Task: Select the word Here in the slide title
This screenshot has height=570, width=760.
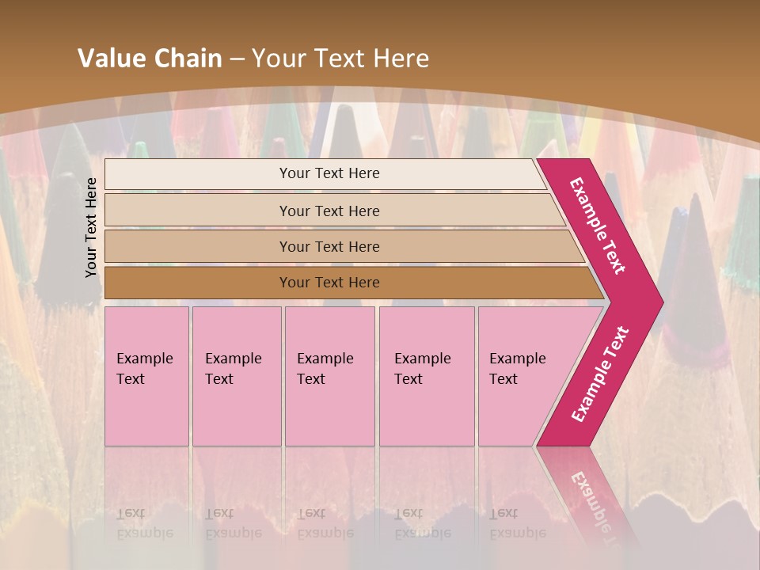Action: pyautogui.click(x=401, y=59)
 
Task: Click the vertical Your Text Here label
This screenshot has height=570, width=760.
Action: pyautogui.click(x=91, y=227)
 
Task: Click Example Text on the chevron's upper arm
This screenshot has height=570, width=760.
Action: pyautogui.click(x=598, y=226)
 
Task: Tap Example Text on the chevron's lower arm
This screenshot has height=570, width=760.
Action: pyautogui.click(x=600, y=374)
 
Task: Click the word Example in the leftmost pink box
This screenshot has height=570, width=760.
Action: pyautogui.click(x=144, y=359)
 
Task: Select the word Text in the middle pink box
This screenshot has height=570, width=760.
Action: pyautogui.click(x=311, y=379)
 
